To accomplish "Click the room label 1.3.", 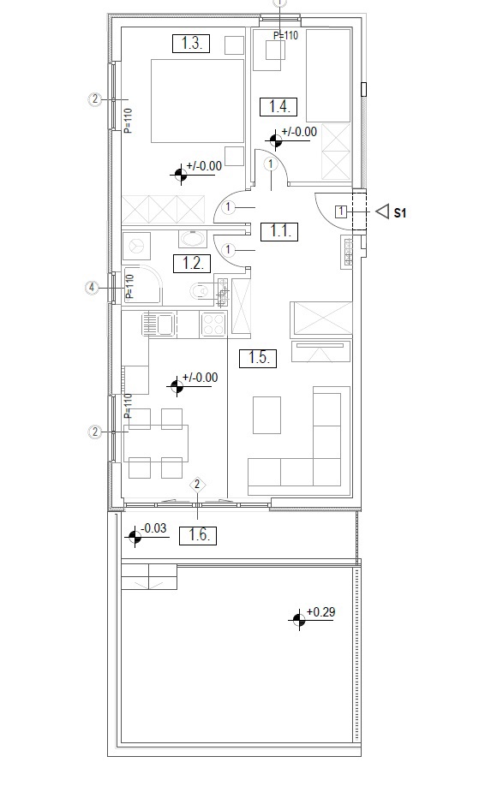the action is pos(191,44).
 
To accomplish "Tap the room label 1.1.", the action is pos(279,231).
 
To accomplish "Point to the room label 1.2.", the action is pos(192,264).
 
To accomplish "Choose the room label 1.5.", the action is pos(258,357).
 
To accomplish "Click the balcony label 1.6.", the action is pos(198,535).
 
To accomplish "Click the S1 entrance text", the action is pos(400,212).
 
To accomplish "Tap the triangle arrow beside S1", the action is pos(382,211).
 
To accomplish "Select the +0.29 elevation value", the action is pos(320,612).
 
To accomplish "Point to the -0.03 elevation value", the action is pos(153,528).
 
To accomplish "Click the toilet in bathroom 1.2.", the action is pos(199,291).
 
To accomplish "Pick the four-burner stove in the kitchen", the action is pos(213,325).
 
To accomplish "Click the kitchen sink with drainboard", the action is pos(159,324).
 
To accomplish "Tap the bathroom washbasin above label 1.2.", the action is pos(192,239).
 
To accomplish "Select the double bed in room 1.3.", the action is pos(197,101).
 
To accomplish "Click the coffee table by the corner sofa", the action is pos(266,414).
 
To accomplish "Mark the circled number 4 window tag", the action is pos(92,288).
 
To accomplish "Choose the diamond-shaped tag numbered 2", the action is pos(197,485).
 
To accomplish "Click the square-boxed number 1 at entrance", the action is pos(340,211).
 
